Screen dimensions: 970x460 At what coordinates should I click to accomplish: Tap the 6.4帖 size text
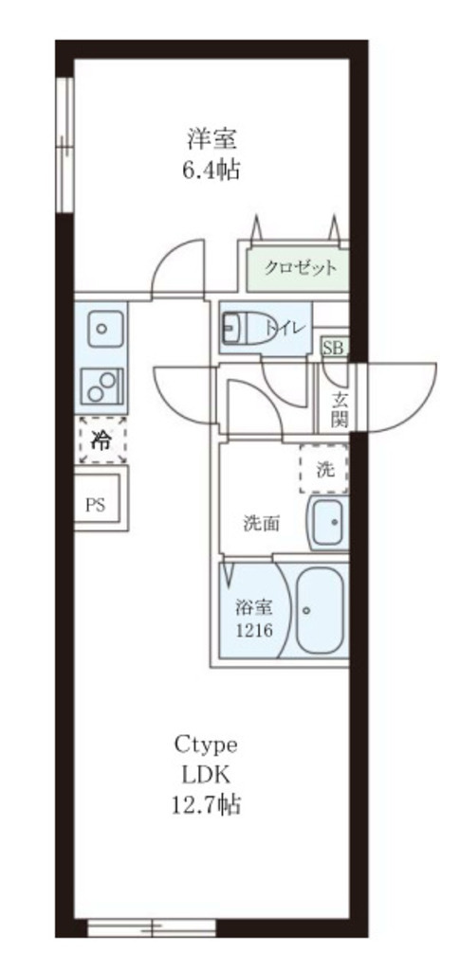[x=212, y=171]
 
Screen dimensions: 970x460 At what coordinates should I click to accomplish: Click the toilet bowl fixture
[x=245, y=328]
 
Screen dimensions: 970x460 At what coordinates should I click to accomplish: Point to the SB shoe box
[x=332, y=348]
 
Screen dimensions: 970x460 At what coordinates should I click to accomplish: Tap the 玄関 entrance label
[x=339, y=407]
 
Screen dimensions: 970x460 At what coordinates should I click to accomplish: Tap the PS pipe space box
[x=97, y=503]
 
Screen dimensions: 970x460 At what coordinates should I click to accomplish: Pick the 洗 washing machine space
[x=324, y=468]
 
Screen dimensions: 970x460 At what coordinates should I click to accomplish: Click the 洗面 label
[x=261, y=522]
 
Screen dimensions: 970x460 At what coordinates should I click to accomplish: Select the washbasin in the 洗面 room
[x=328, y=522]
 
